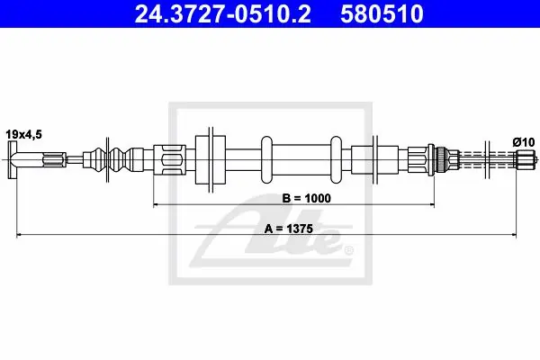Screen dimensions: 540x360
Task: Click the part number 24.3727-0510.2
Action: point(223,13)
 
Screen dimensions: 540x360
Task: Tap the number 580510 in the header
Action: point(382,13)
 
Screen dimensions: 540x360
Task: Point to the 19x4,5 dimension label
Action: point(23,134)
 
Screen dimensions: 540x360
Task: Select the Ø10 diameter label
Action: point(524,142)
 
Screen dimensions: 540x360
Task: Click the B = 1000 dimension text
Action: point(306,198)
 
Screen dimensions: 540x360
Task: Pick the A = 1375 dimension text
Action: point(289,229)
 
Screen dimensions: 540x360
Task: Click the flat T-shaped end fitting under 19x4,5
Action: point(13,159)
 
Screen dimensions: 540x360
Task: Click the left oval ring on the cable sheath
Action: point(266,159)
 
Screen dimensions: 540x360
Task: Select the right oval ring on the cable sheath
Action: point(336,159)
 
